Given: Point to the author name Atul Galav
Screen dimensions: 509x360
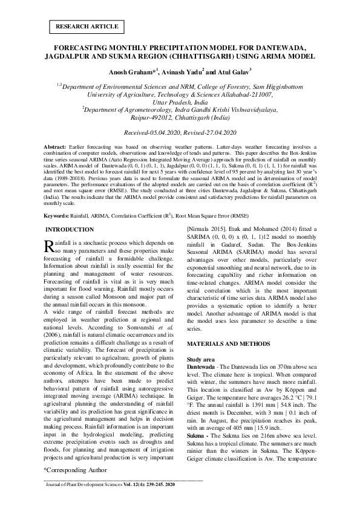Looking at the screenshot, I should tap(224, 72).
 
